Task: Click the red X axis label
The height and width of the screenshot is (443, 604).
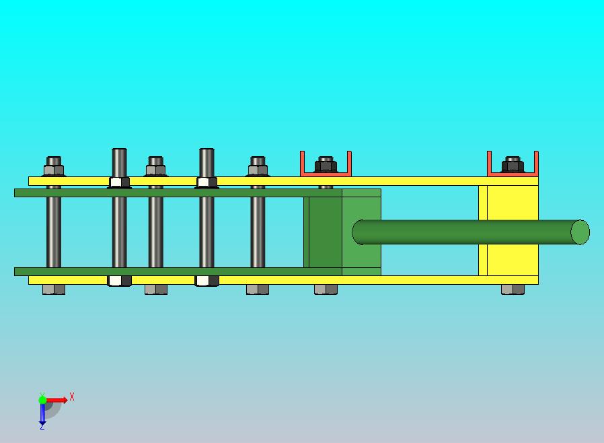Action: [x=72, y=397]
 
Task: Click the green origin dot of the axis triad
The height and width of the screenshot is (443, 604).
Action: [x=42, y=400]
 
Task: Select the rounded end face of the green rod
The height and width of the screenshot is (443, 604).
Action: [x=580, y=232]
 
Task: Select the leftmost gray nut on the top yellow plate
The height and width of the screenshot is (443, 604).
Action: [x=54, y=170]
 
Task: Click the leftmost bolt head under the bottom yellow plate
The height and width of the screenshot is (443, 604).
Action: [x=54, y=289]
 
